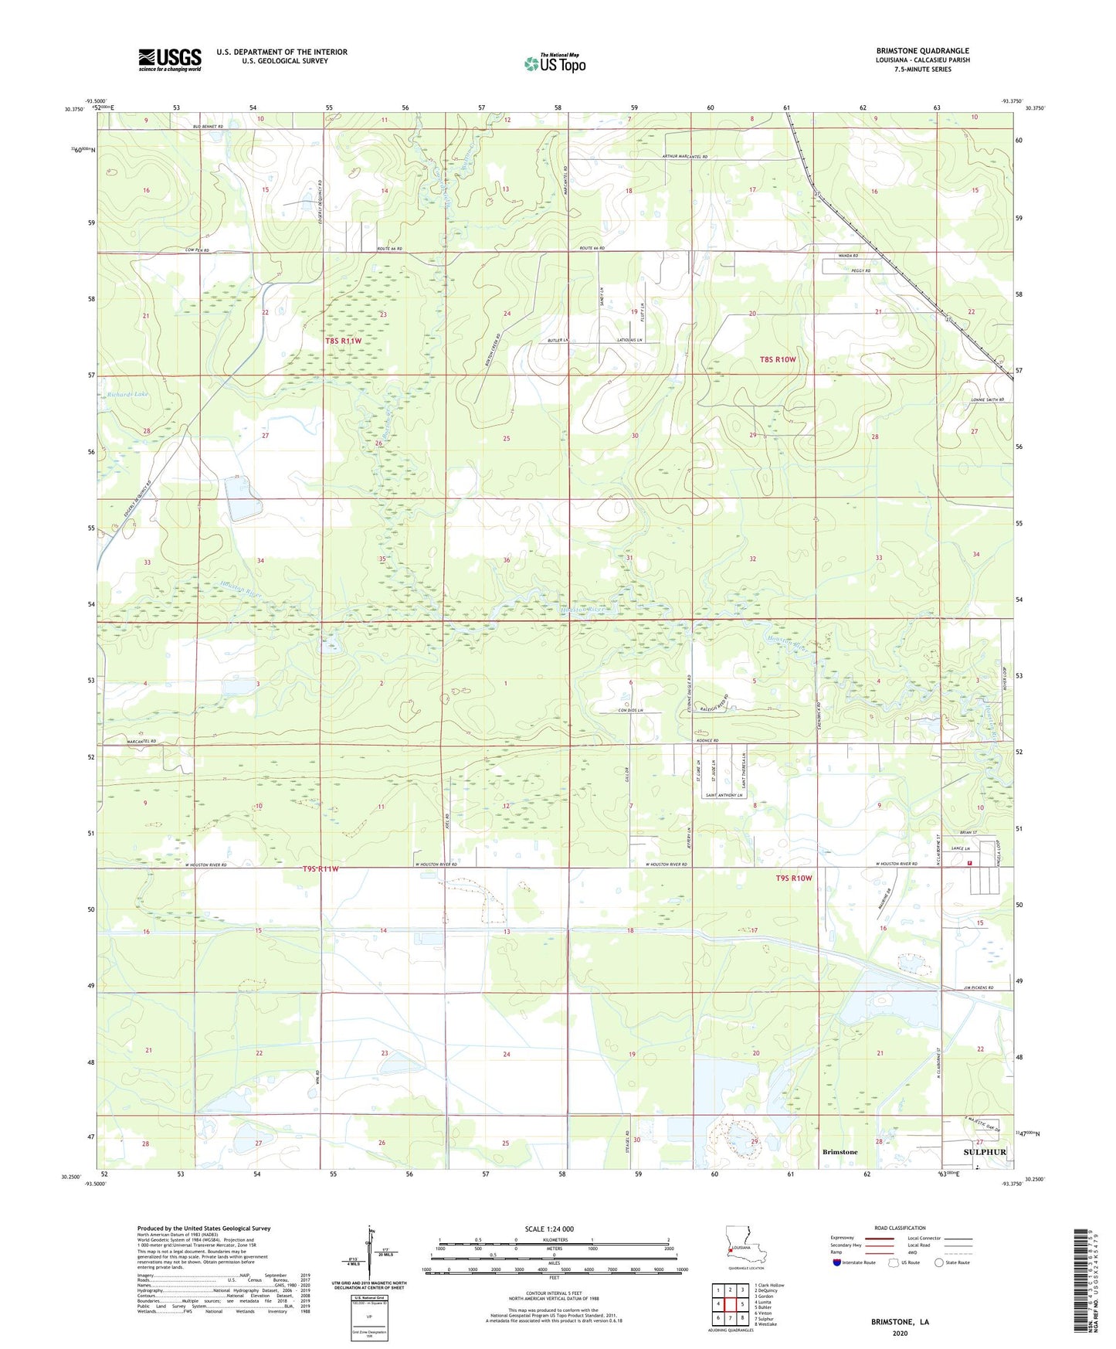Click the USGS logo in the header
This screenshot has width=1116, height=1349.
point(170,59)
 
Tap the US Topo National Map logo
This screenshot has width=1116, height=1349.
point(555,63)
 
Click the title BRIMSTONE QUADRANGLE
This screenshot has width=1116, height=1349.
point(922,51)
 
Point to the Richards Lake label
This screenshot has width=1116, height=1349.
point(127,394)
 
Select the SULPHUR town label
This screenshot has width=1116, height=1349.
point(985,1152)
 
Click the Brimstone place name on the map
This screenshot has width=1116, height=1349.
point(840,1152)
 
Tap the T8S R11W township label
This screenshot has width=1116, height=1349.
point(343,341)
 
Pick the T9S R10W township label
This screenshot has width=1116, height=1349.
point(794,878)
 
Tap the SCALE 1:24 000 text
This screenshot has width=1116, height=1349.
point(549,1229)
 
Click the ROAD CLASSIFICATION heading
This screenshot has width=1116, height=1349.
point(900,1228)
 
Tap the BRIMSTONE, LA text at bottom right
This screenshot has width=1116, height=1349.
point(900,1322)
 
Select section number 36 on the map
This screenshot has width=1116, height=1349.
point(507,560)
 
